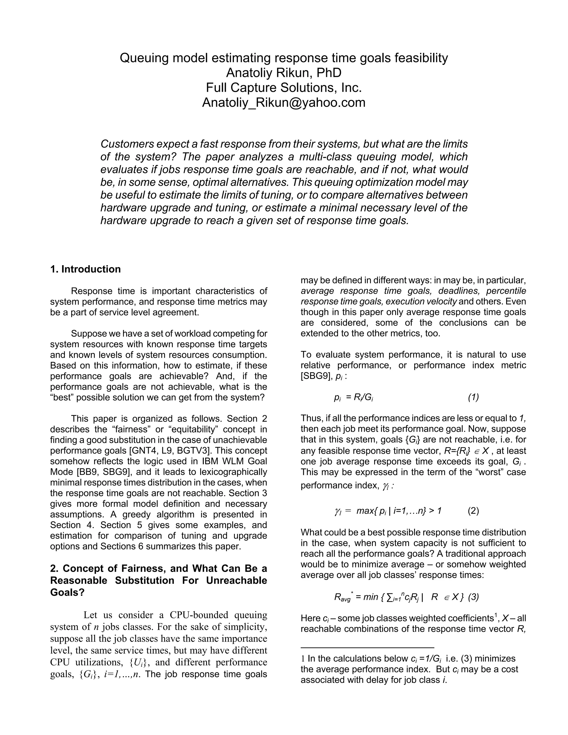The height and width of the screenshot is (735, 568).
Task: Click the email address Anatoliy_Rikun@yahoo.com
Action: tap(284, 102)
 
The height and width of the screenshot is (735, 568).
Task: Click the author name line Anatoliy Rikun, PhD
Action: tap(284, 73)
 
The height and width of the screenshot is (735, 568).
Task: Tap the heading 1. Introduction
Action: tap(85, 269)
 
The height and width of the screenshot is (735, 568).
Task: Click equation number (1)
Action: tap(473, 397)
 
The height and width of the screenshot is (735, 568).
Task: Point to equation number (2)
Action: tap(473, 511)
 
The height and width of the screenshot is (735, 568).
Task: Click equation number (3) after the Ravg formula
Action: tap(473, 597)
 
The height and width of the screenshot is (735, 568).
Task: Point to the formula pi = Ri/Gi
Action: tap(353, 397)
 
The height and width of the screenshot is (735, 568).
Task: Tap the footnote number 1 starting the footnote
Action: tap(303, 659)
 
